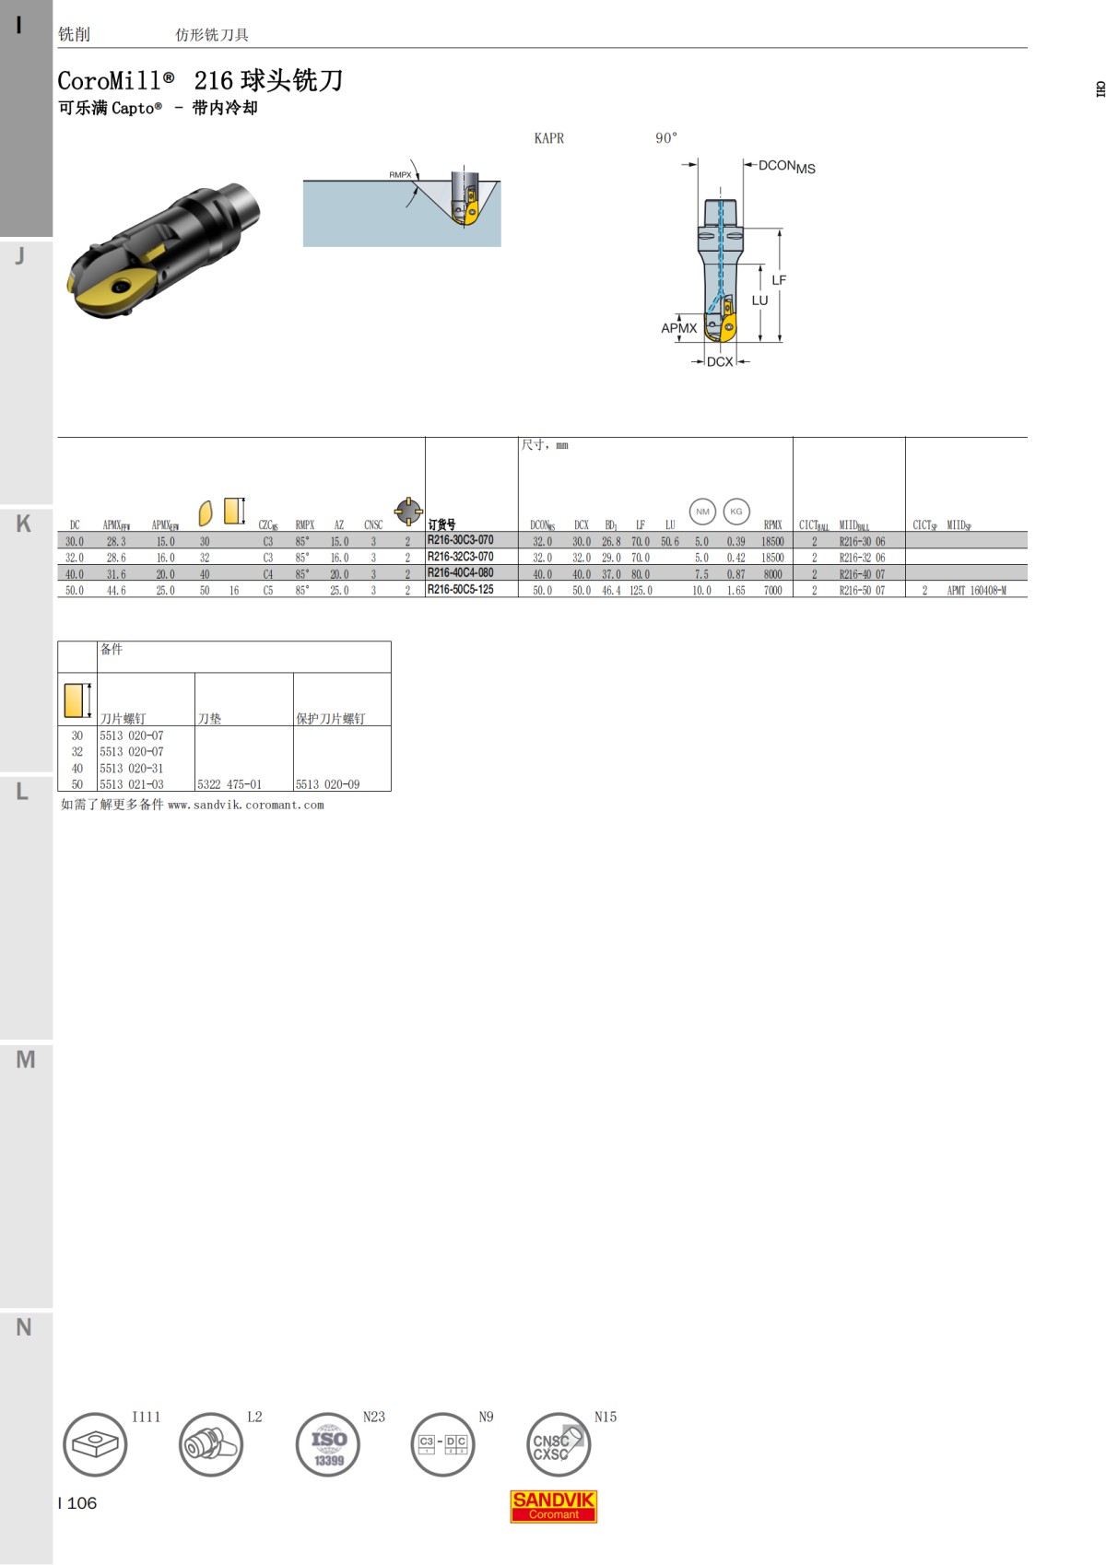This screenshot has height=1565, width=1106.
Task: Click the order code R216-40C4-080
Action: pos(460,573)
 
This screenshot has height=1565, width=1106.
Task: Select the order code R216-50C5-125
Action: pos(460,590)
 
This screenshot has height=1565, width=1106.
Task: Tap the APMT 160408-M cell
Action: pos(976,591)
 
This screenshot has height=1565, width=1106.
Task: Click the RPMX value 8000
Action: pos(772,574)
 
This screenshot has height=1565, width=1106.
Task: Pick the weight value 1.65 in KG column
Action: pos(735,591)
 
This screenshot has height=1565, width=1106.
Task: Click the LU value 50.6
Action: pos(670,542)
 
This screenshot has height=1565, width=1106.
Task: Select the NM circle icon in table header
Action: pos(702,512)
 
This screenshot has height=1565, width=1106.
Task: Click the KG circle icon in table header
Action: pos(735,512)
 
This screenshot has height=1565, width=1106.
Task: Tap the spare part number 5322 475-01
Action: pos(229,784)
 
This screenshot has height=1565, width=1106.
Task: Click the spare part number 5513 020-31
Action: pos(132,769)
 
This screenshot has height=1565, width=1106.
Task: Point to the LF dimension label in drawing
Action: pos(779,280)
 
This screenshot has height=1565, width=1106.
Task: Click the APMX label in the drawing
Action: pos(678,328)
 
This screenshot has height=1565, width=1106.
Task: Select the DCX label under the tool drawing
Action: pos(720,362)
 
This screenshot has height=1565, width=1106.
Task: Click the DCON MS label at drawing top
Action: pos(786,167)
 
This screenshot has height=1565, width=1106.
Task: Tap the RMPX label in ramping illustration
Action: pos(400,175)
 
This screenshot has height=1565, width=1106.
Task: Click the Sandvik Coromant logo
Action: pos(554,1506)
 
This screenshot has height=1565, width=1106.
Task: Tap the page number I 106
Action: pos(77,1503)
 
